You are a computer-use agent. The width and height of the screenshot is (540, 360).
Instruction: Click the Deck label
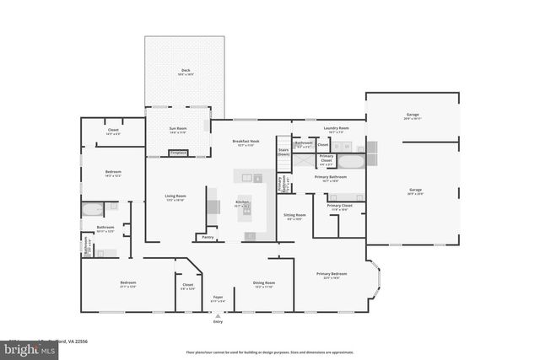pyautogui.click(x=185, y=71)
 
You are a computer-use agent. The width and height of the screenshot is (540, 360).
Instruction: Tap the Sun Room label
pyautogui.click(x=178, y=129)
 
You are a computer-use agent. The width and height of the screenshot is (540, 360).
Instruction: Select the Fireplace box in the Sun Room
pyautogui.click(x=178, y=153)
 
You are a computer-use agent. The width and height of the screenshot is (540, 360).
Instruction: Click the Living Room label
pyautogui.click(x=175, y=196)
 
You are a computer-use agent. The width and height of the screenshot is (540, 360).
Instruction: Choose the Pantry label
pyautogui.click(x=207, y=238)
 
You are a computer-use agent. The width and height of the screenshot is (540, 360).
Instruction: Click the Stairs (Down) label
pyautogui.click(x=283, y=153)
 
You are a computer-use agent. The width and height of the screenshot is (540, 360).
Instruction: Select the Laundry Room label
pyautogui.click(x=337, y=129)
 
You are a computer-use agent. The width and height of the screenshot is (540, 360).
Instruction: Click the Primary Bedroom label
pyautogui.click(x=332, y=274)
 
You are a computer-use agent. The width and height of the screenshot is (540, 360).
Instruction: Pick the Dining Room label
pyautogui.click(x=264, y=283)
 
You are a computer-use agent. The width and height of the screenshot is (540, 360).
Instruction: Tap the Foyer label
pyautogui.click(x=218, y=298)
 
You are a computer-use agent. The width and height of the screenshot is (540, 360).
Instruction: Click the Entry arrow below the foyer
pyautogui.click(x=218, y=316)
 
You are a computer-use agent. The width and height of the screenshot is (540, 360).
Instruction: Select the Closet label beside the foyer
pyautogui.click(x=187, y=285)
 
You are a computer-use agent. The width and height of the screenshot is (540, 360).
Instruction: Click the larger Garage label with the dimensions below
pyautogui.click(x=415, y=191)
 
